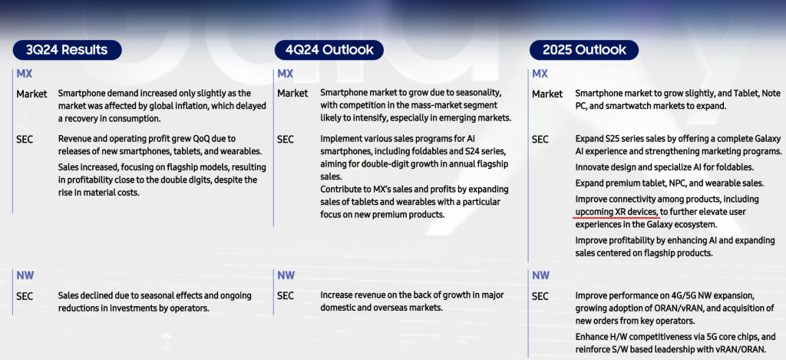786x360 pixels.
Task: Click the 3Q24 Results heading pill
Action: coord(68,50)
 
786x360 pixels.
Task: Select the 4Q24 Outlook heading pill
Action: coord(329,50)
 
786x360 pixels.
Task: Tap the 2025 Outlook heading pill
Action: coord(584,50)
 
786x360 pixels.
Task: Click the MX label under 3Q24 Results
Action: coord(24,74)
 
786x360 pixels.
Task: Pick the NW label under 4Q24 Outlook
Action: coord(286,276)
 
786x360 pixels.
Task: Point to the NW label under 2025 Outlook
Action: coord(540,276)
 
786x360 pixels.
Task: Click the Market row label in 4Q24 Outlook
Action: coord(292,94)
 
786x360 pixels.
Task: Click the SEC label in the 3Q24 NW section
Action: coord(25,296)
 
